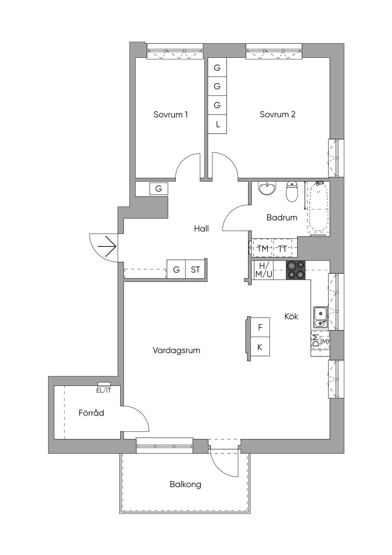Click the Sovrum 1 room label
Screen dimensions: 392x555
click(170, 115)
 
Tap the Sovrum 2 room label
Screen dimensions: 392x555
click(278, 114)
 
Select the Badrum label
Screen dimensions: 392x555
click(282, 218)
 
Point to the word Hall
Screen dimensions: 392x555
click(201, 228)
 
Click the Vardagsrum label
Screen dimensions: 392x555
click(176, 351)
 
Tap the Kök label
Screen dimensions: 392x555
click(291, 316)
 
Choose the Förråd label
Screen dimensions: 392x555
click(91, 413)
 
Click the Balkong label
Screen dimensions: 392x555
click(185, 484)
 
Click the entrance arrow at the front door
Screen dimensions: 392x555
click(107, 246)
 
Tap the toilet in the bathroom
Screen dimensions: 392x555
click(292, 191)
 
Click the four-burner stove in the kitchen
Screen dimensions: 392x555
click(296, 270)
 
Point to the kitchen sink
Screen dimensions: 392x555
click(320, 317)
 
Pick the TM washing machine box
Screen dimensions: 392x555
click(262, 248)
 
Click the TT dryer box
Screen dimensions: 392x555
click(283, 248)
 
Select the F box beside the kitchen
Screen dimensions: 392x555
click(260, 327)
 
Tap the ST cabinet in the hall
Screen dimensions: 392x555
click(195, 269)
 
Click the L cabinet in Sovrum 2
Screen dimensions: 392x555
click(217, 125)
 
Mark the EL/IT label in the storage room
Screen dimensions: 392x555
click(104, 391)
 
